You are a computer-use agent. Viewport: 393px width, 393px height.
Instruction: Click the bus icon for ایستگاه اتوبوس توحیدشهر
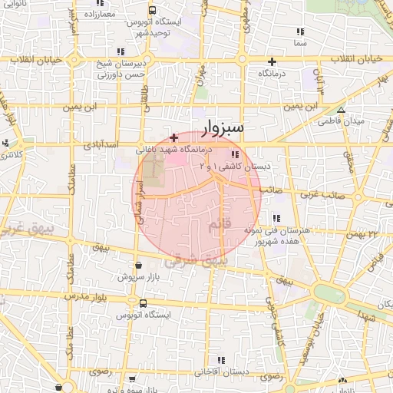(x=153, y=11)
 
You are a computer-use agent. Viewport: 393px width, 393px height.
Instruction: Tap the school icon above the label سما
(x=300, y=32)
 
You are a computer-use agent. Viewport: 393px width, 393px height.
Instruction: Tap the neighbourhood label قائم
(x=218, y=225)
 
